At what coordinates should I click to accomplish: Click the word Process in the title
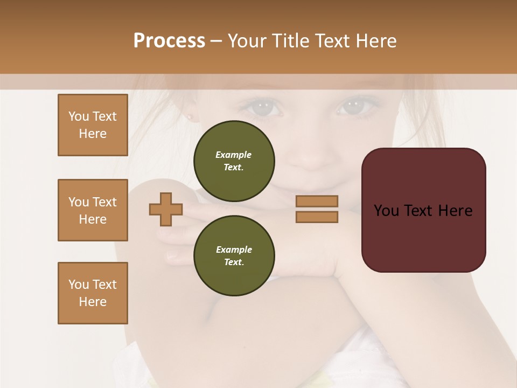click(169, 41)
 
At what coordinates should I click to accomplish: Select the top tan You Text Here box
click(93, 125)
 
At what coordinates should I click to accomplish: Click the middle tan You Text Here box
click(93, 210)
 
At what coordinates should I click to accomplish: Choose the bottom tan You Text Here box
click(93, 293)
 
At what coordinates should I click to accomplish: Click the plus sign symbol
click(166, 209)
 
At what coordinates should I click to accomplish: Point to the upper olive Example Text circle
click(234, 161)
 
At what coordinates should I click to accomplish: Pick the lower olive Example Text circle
click(234, 255)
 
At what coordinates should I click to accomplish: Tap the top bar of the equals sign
click(317, 201)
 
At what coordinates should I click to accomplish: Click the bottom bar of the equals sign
click(317, 217)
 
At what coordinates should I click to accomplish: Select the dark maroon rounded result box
click(423, 210)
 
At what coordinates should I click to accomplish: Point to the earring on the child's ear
click(190, 116)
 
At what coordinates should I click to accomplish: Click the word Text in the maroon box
click(423, 211)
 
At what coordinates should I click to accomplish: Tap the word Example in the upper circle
click(234, 155)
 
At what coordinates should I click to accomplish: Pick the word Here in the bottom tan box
click(93, 302)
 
